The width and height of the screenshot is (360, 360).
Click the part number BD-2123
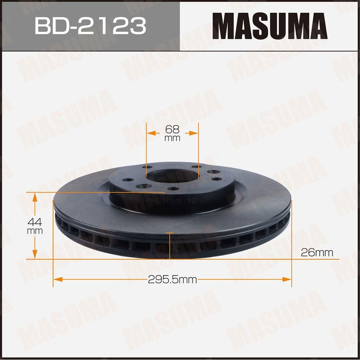90,25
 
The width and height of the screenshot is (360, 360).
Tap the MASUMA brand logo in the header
270,26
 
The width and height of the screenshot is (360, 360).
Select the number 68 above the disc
172,129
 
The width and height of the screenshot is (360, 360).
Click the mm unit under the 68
172,138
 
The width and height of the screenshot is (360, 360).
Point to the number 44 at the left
35,222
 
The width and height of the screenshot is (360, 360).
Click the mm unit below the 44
35,231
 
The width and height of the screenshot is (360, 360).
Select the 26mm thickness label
317,252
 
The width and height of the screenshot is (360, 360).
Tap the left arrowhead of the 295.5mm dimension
58,279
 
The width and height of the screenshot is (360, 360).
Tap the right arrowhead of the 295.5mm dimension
287,279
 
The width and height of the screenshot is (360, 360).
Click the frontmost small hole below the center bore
174,189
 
